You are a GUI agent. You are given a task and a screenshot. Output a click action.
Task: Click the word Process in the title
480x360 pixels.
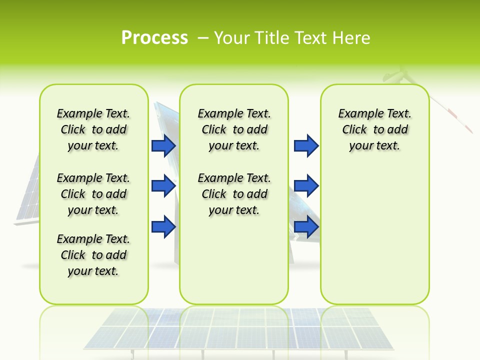154,37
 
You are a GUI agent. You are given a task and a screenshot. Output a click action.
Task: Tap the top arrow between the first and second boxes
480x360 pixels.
163,145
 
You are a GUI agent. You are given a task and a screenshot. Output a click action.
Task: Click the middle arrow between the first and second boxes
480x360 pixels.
163,186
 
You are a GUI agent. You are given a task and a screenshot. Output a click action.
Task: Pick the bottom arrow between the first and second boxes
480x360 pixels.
163,226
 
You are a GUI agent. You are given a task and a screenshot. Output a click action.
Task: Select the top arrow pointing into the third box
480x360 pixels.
306,145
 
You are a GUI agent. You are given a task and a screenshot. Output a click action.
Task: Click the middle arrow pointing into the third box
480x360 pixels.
306,186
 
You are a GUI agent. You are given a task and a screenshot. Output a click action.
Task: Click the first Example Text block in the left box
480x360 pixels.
93,129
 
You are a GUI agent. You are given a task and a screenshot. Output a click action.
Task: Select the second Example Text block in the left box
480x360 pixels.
93,194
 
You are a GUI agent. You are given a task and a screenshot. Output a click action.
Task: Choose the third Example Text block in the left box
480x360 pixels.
93,255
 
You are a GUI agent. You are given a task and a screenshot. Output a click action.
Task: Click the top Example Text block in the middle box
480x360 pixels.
234,129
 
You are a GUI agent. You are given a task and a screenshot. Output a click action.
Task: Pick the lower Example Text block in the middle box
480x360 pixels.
234,194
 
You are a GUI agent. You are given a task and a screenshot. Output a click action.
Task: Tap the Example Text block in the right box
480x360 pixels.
374,129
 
